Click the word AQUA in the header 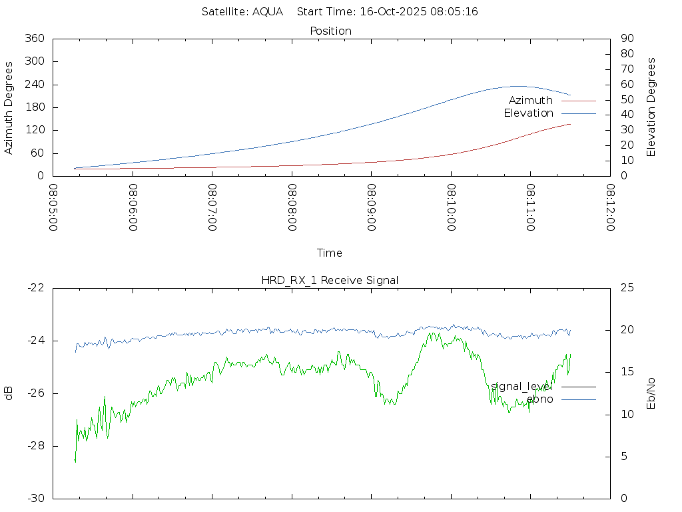click(x=268, y=11)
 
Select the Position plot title click(x=330, y=31)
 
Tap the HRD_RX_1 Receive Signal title click(x=330, y=280)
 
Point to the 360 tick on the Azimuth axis click(x=34, y=39)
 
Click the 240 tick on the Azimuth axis click(x=34, y=85)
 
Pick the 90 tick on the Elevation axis click(x=626, y=39)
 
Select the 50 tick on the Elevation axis click(x=626, y=100)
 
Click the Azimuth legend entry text click(x=530, y=100)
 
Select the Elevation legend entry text click(x=528, y=113)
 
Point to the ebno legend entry click(x=539, y=399)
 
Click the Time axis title click(x=330, y=253)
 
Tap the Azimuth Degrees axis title click(x=9, y=107)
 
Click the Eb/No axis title click(x=651, y=393)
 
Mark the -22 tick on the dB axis click(x=36, y=288)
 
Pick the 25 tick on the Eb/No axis click(x=626, y=288)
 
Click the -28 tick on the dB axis click(x=36, y=446)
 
